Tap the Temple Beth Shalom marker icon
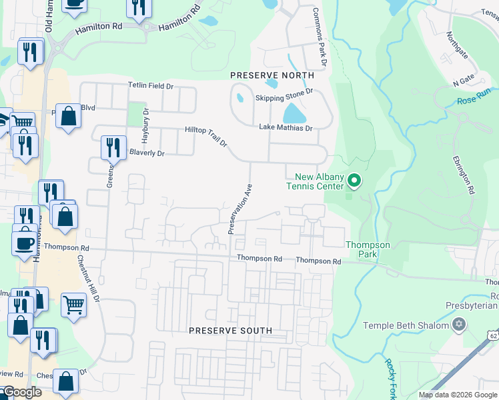(x=458, y=325)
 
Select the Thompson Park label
(x=368, y=249)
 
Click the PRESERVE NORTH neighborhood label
(x=263, y=75)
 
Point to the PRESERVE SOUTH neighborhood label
(x=230, y=331)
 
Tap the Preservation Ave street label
(x=239, y=209)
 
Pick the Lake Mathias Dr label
(x=285, y=127)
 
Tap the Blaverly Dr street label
(x=146, y=153)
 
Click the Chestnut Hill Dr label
(x=88, y=281)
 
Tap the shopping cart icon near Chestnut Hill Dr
(x=73, y=304)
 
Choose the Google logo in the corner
(x=21, y=393)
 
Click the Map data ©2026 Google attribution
(x=458, y=395)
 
